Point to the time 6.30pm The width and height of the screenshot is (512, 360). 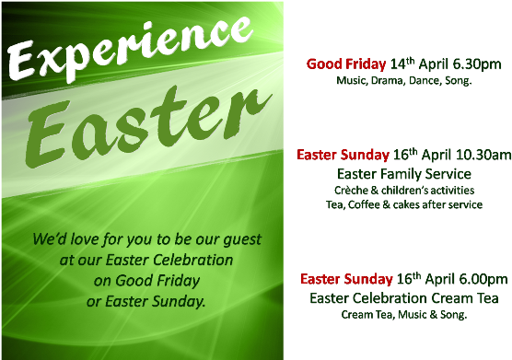[474, 64]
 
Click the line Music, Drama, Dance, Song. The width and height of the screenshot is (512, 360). [403, 81]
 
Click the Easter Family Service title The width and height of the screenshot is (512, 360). [403, 173]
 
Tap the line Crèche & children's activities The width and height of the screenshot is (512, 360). [403, 190]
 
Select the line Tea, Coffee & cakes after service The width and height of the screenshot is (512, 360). [403, 204]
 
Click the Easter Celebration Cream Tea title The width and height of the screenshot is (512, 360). [403, 297]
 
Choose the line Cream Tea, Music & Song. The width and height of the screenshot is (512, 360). [403, 314]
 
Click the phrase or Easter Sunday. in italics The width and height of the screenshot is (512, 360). [145, 300]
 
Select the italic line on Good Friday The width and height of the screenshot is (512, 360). [146, 280]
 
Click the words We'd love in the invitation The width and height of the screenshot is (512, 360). [67, 240]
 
